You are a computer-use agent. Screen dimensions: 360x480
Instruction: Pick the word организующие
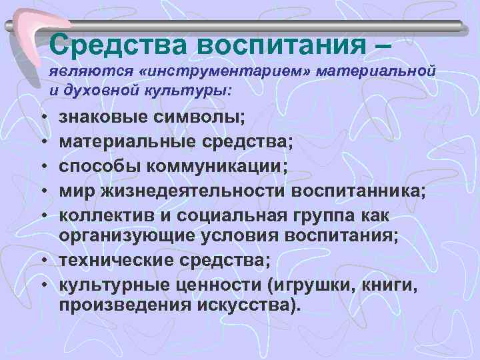[124, 235]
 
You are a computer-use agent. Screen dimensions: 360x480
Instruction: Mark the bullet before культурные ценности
[43, 284]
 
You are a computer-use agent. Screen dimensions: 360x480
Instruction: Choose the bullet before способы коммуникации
[43, 167]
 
